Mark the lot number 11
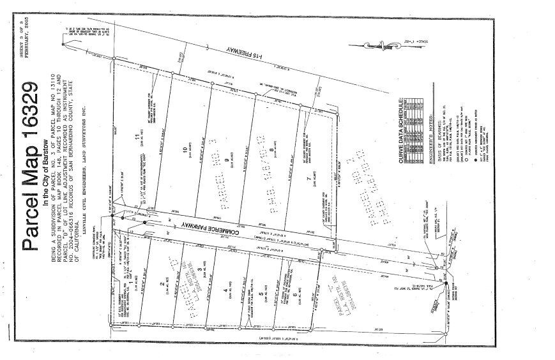pyautogui.click(x=136, y=138)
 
